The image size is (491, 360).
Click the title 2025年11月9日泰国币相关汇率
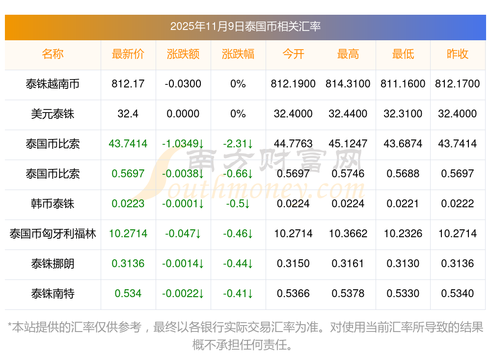[x=245, y=27]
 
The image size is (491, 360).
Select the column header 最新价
[x=128, y=54]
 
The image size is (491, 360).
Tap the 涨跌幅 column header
[x=238, y=54]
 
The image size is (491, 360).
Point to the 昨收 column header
[x=458, y=54]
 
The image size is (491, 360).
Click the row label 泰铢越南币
[x=53, y=84]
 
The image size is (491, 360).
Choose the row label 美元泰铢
[x=53, y=114]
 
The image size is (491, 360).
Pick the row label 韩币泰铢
[x=53, y=204]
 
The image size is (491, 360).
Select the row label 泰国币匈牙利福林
[x=53, y=234]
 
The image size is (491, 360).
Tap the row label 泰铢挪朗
[x=53, y=264]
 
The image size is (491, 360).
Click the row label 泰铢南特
[x=53, y=294]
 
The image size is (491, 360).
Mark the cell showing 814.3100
[x=348, y=84]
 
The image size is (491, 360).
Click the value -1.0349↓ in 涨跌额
[x=183, y=144]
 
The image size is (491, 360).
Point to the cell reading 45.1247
[x=348, y=144]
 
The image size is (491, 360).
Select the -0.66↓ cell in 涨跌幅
[x=238, y=174]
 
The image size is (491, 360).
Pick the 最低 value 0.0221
[x=403, y=204]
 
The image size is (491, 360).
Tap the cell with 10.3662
[x=348, y=234]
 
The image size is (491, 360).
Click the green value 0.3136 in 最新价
[x=128, y=264]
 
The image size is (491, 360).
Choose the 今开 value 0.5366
[x=293, y=294]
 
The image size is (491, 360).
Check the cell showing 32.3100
[x=403, y=114]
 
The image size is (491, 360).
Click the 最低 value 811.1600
[x=403, y=84]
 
